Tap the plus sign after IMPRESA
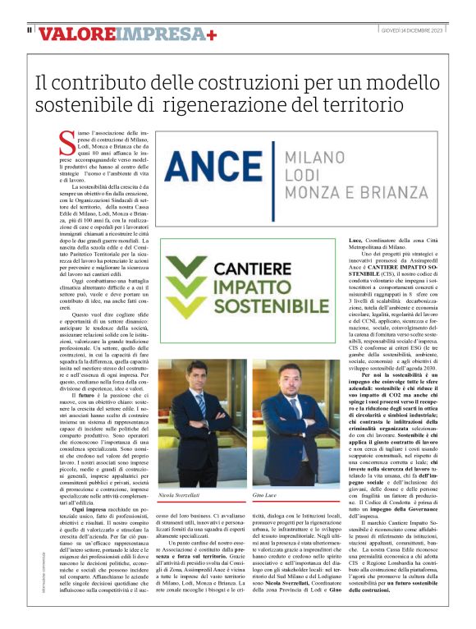tap(212, 34)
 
